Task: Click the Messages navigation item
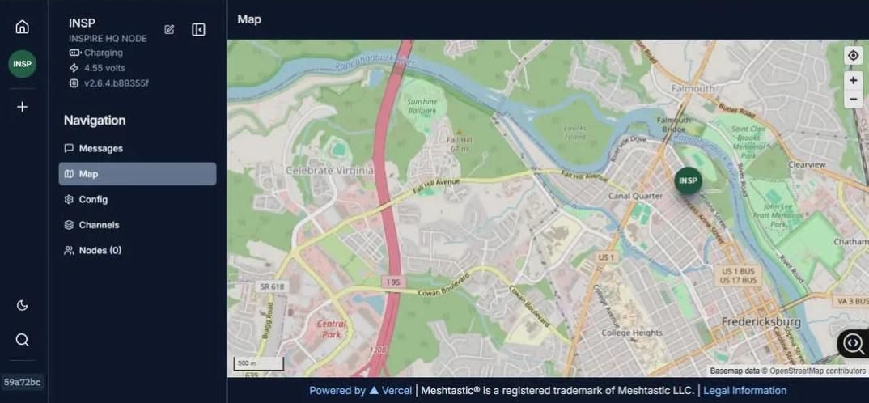click(100, 148)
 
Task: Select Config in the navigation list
click(92, 199)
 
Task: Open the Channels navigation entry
click(99, 225)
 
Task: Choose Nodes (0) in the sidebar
click(100, 251)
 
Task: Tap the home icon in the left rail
click(22, 27)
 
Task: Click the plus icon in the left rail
click(22, 107)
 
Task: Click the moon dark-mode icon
click(22, 305)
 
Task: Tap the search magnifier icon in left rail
click(22, 340)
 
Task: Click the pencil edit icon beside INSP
click(169, 29)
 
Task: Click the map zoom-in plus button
click(853, 80)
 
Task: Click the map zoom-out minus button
click(853, 100)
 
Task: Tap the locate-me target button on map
click(853, 55)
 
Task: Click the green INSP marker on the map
click(688, 180)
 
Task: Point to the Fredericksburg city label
click(761, 322)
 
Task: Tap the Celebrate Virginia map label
click(329, 171)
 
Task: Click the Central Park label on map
click(331, 329)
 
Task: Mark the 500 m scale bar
click(259, 364)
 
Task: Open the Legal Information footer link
click(744, 391)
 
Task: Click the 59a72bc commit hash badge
click(23, 382)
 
